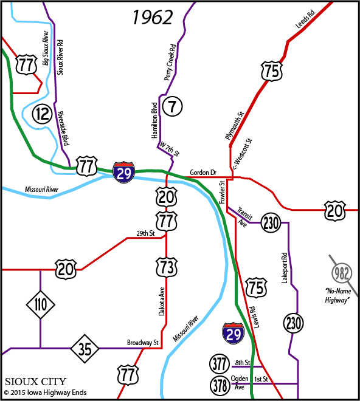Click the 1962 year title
pos(153,18)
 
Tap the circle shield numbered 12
pos(42,112)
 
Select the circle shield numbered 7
pos(173,107)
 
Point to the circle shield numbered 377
pos(220,364)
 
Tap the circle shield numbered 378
pos(220,385)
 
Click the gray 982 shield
pos(342,272)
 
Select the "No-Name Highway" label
pos(339,295)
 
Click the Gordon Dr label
pos(203,173)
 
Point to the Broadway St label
pos(142,343)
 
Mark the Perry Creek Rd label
pos(169,63)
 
